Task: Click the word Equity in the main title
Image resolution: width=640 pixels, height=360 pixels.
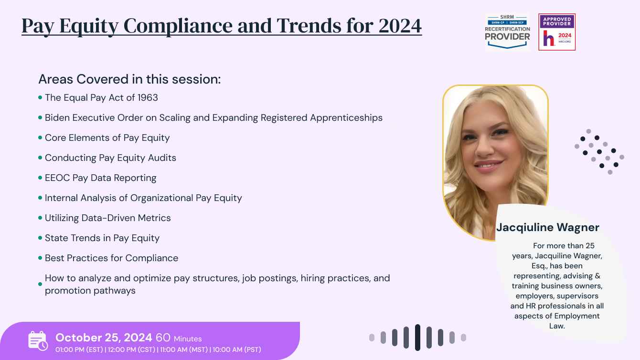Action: (x=89, y=27)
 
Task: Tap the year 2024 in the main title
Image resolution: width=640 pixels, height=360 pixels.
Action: (x=400, y=26)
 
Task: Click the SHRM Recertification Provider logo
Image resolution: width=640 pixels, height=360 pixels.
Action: (x=507, y=32)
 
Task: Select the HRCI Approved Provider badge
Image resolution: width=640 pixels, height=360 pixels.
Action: (x=557, y=32)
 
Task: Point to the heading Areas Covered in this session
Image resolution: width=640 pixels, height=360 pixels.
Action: (x=129, y=79)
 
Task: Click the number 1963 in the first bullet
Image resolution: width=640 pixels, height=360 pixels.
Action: (x=148, y=98)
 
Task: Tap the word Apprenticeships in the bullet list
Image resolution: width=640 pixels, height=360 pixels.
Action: (x=346, y=118)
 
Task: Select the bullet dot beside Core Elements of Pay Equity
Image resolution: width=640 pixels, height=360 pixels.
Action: (x=40, y=138)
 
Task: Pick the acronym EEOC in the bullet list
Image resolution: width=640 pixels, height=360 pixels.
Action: (x=57, y=178)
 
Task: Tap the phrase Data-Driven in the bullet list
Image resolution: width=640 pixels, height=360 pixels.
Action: (x=108, y=218)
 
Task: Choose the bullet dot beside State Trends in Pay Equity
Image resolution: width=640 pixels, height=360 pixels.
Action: (x=40, y=238)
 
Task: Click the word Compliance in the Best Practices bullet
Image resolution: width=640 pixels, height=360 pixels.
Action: (x=151, y=258)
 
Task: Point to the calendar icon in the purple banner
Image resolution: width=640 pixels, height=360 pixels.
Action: (x=38, y=341)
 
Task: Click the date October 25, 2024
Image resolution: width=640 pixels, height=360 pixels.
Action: (x=104, y=338)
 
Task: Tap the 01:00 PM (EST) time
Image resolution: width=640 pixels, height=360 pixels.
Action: (x=79, y=349)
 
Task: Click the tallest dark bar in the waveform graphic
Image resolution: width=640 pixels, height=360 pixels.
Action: (x=417, y=338)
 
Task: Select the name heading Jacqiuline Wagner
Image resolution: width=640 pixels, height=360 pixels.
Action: (x=548, y=228)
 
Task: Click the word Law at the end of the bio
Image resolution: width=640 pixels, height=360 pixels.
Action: (x=557, y=326)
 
